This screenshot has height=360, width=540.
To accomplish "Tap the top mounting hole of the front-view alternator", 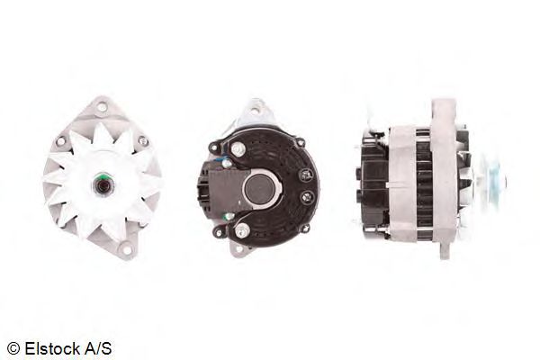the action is coord(102,106).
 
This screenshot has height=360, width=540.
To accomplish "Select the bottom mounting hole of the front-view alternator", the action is coord(127,249).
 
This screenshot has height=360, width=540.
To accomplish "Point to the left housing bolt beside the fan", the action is coord(60,140).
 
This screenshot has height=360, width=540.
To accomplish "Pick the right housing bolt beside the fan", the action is coord(143,140).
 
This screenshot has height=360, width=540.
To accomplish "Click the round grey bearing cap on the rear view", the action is coord(260,188).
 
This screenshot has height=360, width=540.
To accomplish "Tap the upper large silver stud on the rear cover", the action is coord(238,149).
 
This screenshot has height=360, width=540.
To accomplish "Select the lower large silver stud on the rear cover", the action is coord(242,229).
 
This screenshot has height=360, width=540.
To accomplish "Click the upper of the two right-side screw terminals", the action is coord(306,175).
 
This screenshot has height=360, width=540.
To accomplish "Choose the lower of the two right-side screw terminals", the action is coord(307,198).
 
